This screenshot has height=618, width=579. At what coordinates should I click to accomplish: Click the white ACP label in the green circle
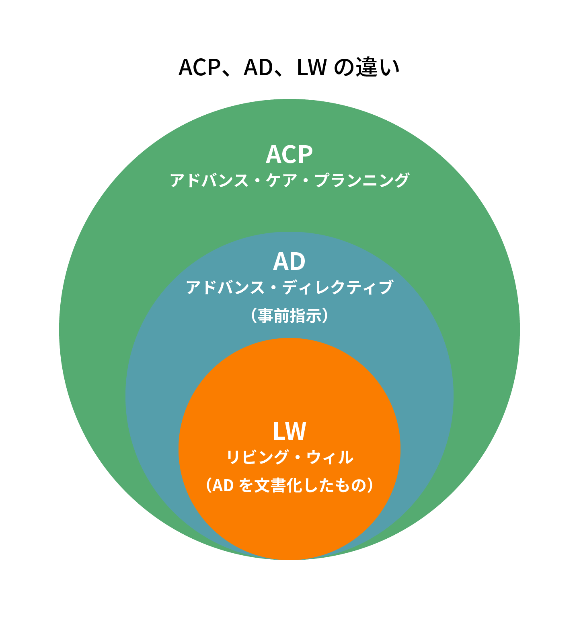pyautogui.click(x=289, y=154)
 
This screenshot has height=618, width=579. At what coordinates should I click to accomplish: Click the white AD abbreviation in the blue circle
pyautogui.click(x=289, y=262)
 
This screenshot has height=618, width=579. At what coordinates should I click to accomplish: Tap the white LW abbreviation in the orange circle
pyautogui.click(x=289, y=431)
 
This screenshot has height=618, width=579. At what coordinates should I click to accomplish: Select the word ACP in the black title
pyautogui.click(x=199, y=67)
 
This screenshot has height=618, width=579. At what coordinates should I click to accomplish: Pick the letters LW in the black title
pyautogui.click(x=312, y=67)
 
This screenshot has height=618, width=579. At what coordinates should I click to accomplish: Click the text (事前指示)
pyautogui.click(x=289, y=316)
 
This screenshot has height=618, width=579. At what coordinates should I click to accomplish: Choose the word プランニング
pyautogui.click(x=362, y=180)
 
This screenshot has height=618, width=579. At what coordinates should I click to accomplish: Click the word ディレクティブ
pyautogui.click(x=338, y=287)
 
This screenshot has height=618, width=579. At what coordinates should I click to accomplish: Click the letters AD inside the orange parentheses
pyautogui.click(x=223, y=486)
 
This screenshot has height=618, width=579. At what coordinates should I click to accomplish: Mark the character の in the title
pyautogui.click(x=344, y=67)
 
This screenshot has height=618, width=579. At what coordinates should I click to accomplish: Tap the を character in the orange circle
pyautogui.click(x=246, y=486)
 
